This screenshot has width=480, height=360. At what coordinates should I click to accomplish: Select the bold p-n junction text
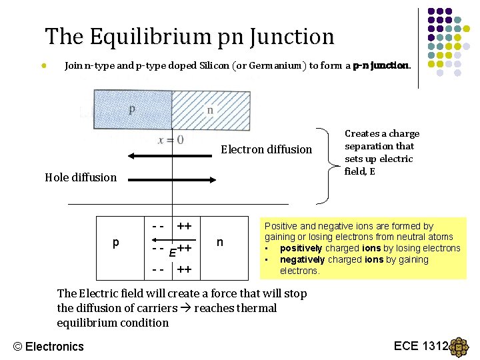point(382,66)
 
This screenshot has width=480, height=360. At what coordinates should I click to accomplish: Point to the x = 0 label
point(171,139)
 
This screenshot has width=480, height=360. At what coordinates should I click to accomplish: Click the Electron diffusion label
point(266,149)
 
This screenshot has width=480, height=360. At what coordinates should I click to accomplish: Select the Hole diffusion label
point(80,177)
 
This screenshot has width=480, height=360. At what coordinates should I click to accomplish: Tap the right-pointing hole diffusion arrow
point(171,179)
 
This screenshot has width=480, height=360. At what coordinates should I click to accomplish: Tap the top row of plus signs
point(185,227)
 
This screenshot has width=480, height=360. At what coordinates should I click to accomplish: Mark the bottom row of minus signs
point(158,270)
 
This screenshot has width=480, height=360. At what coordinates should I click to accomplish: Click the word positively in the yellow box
point(304,248)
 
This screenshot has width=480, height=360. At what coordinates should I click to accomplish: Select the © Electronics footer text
point(49,346)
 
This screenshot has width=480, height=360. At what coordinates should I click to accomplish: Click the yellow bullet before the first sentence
point(42,66)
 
